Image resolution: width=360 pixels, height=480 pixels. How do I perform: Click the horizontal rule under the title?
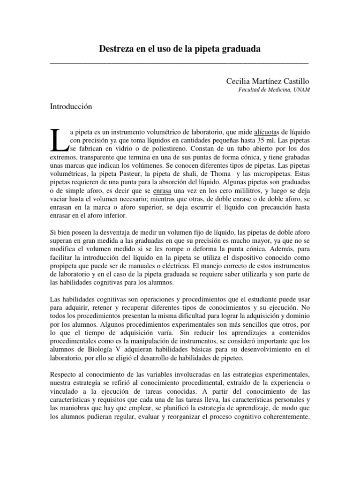180,62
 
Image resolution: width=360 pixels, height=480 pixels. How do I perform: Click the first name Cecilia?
238,81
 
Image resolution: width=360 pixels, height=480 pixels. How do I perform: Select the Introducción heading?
71,106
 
